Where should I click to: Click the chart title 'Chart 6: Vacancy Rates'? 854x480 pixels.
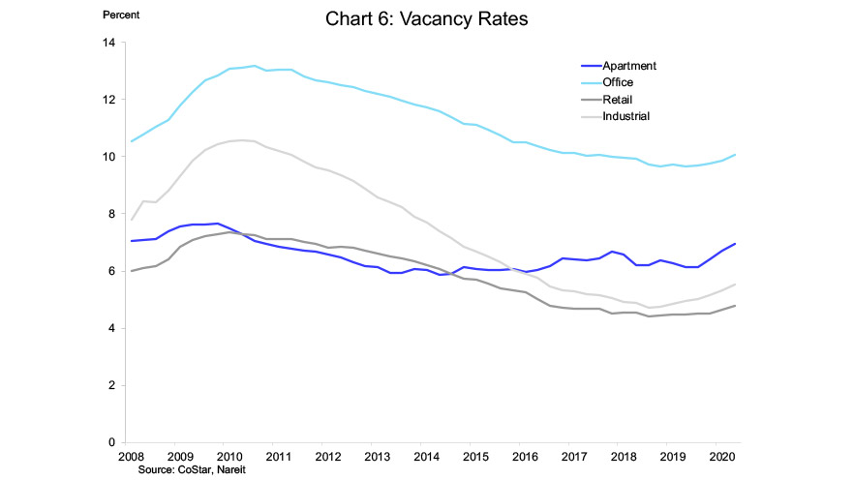coord(426,19)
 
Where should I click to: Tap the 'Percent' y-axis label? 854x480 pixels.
coord(121,15)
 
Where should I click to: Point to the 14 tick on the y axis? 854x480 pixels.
coord(108,43)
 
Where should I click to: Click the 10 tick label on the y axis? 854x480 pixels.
coord(108,157)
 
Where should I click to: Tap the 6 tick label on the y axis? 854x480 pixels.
coord(111,271)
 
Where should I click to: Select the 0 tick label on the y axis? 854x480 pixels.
coord(111,442)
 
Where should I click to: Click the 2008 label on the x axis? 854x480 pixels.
coord(132,457)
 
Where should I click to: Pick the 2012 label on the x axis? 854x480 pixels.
coord(328,457)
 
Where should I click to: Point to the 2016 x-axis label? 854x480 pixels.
coord(525,457)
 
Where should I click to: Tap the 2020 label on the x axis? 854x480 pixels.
coord(721,457)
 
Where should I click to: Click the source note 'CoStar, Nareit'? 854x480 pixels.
coord(212,469)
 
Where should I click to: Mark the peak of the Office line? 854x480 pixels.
coord(254,66)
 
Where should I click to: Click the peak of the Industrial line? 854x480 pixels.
coord(241,140)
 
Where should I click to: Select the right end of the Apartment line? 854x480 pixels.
coord(735,244)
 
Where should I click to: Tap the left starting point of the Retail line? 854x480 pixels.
coord(132,271)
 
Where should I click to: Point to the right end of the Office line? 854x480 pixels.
coord(735,155)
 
